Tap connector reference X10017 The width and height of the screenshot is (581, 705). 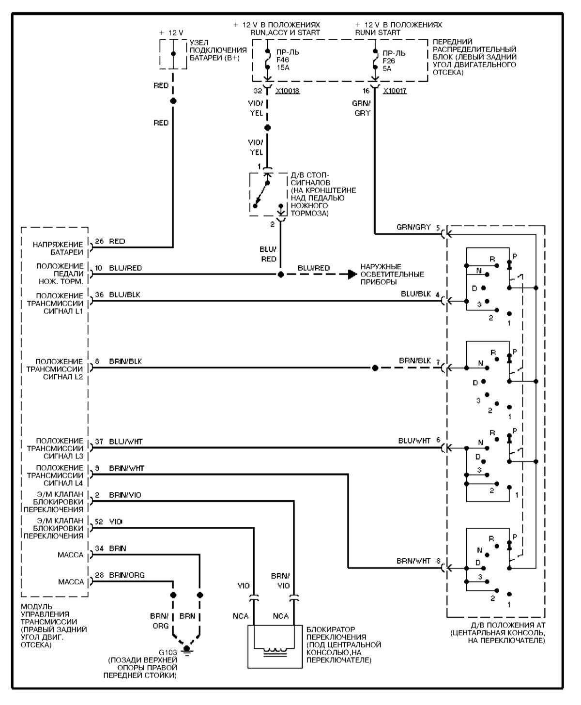(x=394, y=91)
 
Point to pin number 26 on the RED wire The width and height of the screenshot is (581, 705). (x=99, y=241)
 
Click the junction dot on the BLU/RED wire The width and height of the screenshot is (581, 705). (x=280, y=274)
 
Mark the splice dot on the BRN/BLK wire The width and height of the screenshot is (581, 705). (x=375, y=368)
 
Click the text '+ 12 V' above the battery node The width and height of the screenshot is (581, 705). (x=171, y=32)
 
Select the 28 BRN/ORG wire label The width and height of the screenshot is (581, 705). (x=120, y=575)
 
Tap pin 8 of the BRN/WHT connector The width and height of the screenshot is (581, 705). (x=438, y=561)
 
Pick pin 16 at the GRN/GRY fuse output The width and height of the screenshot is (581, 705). (x=366, y=91)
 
